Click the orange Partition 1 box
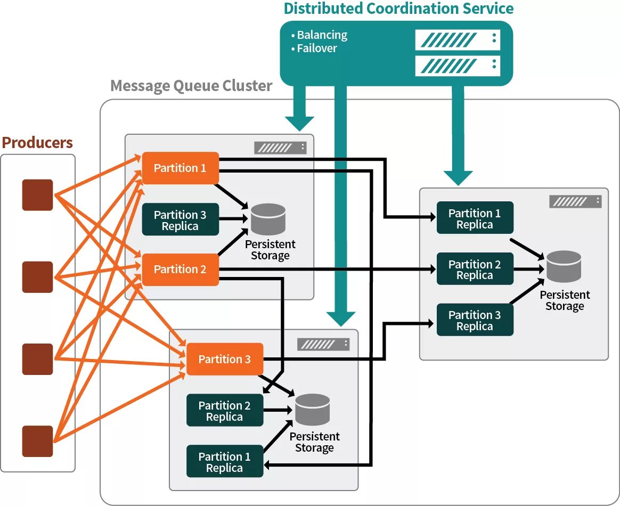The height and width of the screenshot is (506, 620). tap(181, 168)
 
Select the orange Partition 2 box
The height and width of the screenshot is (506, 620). tap(181, 270)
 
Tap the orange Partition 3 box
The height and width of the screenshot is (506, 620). tap(225, 360)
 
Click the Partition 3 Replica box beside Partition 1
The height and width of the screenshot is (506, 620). tap(181, 219)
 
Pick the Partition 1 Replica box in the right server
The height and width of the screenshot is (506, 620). tap(475, 218)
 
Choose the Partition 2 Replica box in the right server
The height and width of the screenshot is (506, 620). tap(475, 269)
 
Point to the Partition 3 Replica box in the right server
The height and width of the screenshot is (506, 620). tap(475, 320)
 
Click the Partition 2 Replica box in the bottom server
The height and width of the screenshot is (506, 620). tap(225, 411)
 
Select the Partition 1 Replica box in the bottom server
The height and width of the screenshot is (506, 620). tap(225, 461)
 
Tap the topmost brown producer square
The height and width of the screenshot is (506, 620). tap(37, 195)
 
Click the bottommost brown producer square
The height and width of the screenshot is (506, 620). tap(37, 441)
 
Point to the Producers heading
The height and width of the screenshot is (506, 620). tap(37, 143)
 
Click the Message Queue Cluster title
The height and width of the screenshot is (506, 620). tap(191, 86)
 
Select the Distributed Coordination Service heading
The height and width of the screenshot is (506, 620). tap(398, 9)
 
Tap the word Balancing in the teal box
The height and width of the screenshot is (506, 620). tap(322, 35)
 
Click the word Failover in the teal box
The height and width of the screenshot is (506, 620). tap(317, 48)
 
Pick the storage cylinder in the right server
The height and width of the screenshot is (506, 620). tap(564, 266)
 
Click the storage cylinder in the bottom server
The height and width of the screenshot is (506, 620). tap(313, 410)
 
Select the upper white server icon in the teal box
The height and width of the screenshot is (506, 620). tap(458, 39)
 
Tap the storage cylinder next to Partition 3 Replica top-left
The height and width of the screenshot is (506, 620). tap(268, 219)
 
